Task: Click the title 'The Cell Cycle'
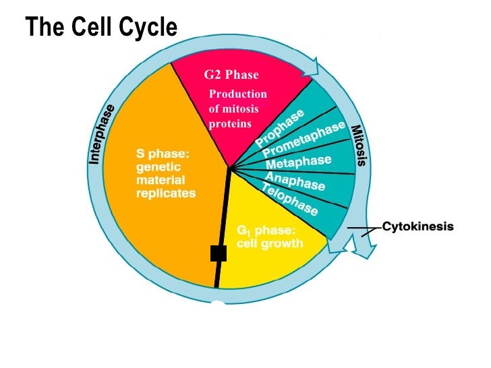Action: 101,28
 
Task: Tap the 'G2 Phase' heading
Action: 231,74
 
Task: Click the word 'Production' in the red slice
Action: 238,94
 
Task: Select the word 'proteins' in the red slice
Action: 230,123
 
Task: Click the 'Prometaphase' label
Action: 304,140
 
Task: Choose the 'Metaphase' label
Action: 298,162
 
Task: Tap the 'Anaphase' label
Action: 295,181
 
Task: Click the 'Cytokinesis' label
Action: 418,226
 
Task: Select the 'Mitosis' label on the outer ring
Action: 358,144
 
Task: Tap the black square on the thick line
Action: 218,253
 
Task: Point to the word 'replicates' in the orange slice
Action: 166,193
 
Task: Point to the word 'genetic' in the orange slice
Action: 157,167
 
